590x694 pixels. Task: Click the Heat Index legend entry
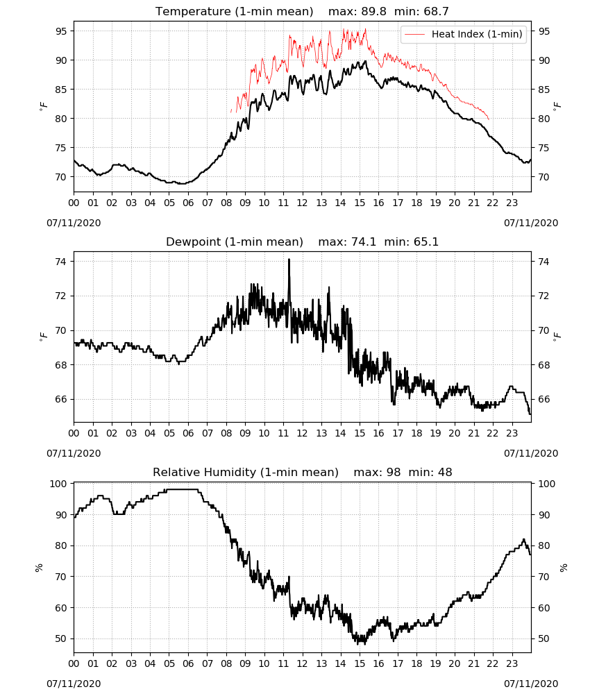click(x=464, y=34)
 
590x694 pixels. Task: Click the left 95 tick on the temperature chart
click(x=61, y=31)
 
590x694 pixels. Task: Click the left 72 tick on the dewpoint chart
click(x=61, y=296)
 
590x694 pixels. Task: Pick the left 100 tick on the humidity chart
click(x=58, y=484)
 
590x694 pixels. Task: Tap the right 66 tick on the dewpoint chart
click(x=544, y=399)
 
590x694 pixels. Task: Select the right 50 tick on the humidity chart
click(x=544, y=638)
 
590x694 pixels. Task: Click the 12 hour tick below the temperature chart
click(x=302, y=203)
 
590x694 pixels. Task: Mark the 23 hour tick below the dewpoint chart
click(x=512, y=433)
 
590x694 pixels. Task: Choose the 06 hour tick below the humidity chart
click(x=188, y=664)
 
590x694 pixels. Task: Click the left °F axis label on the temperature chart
click(x=43, y=106)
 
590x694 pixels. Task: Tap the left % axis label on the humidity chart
click(x=39, y=568)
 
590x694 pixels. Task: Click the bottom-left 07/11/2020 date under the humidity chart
click(x=74, y=684)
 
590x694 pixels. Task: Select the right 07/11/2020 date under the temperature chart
click(x=531, y=223)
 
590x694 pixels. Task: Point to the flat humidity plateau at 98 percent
click(x=181, y=489)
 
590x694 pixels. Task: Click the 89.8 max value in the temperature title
click(x=374, y=11)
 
